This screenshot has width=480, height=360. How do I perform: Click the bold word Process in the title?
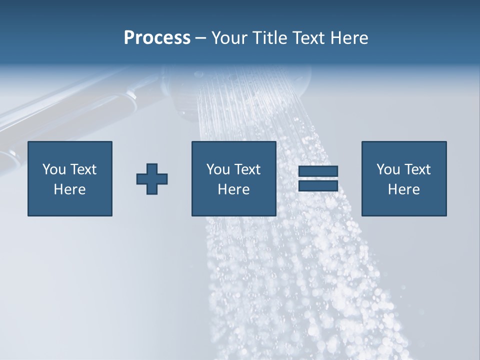point(157,38)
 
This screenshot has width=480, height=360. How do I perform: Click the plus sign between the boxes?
point(152,179)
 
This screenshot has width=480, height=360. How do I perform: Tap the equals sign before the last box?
point(318,178)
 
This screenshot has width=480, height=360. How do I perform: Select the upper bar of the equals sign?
point(318,171)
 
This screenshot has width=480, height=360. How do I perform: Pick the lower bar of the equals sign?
point(318,185)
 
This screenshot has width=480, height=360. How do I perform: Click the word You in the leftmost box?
point(54,169)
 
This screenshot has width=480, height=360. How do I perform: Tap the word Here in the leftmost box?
point(69,189)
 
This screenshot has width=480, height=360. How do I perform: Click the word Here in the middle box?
point(233,189)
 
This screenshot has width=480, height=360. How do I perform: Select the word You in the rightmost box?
point(388,169)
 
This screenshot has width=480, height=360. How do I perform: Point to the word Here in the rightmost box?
point(403,189)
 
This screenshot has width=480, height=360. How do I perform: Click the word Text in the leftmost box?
point(83,169)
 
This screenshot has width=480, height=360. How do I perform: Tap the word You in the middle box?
point(218,169)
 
